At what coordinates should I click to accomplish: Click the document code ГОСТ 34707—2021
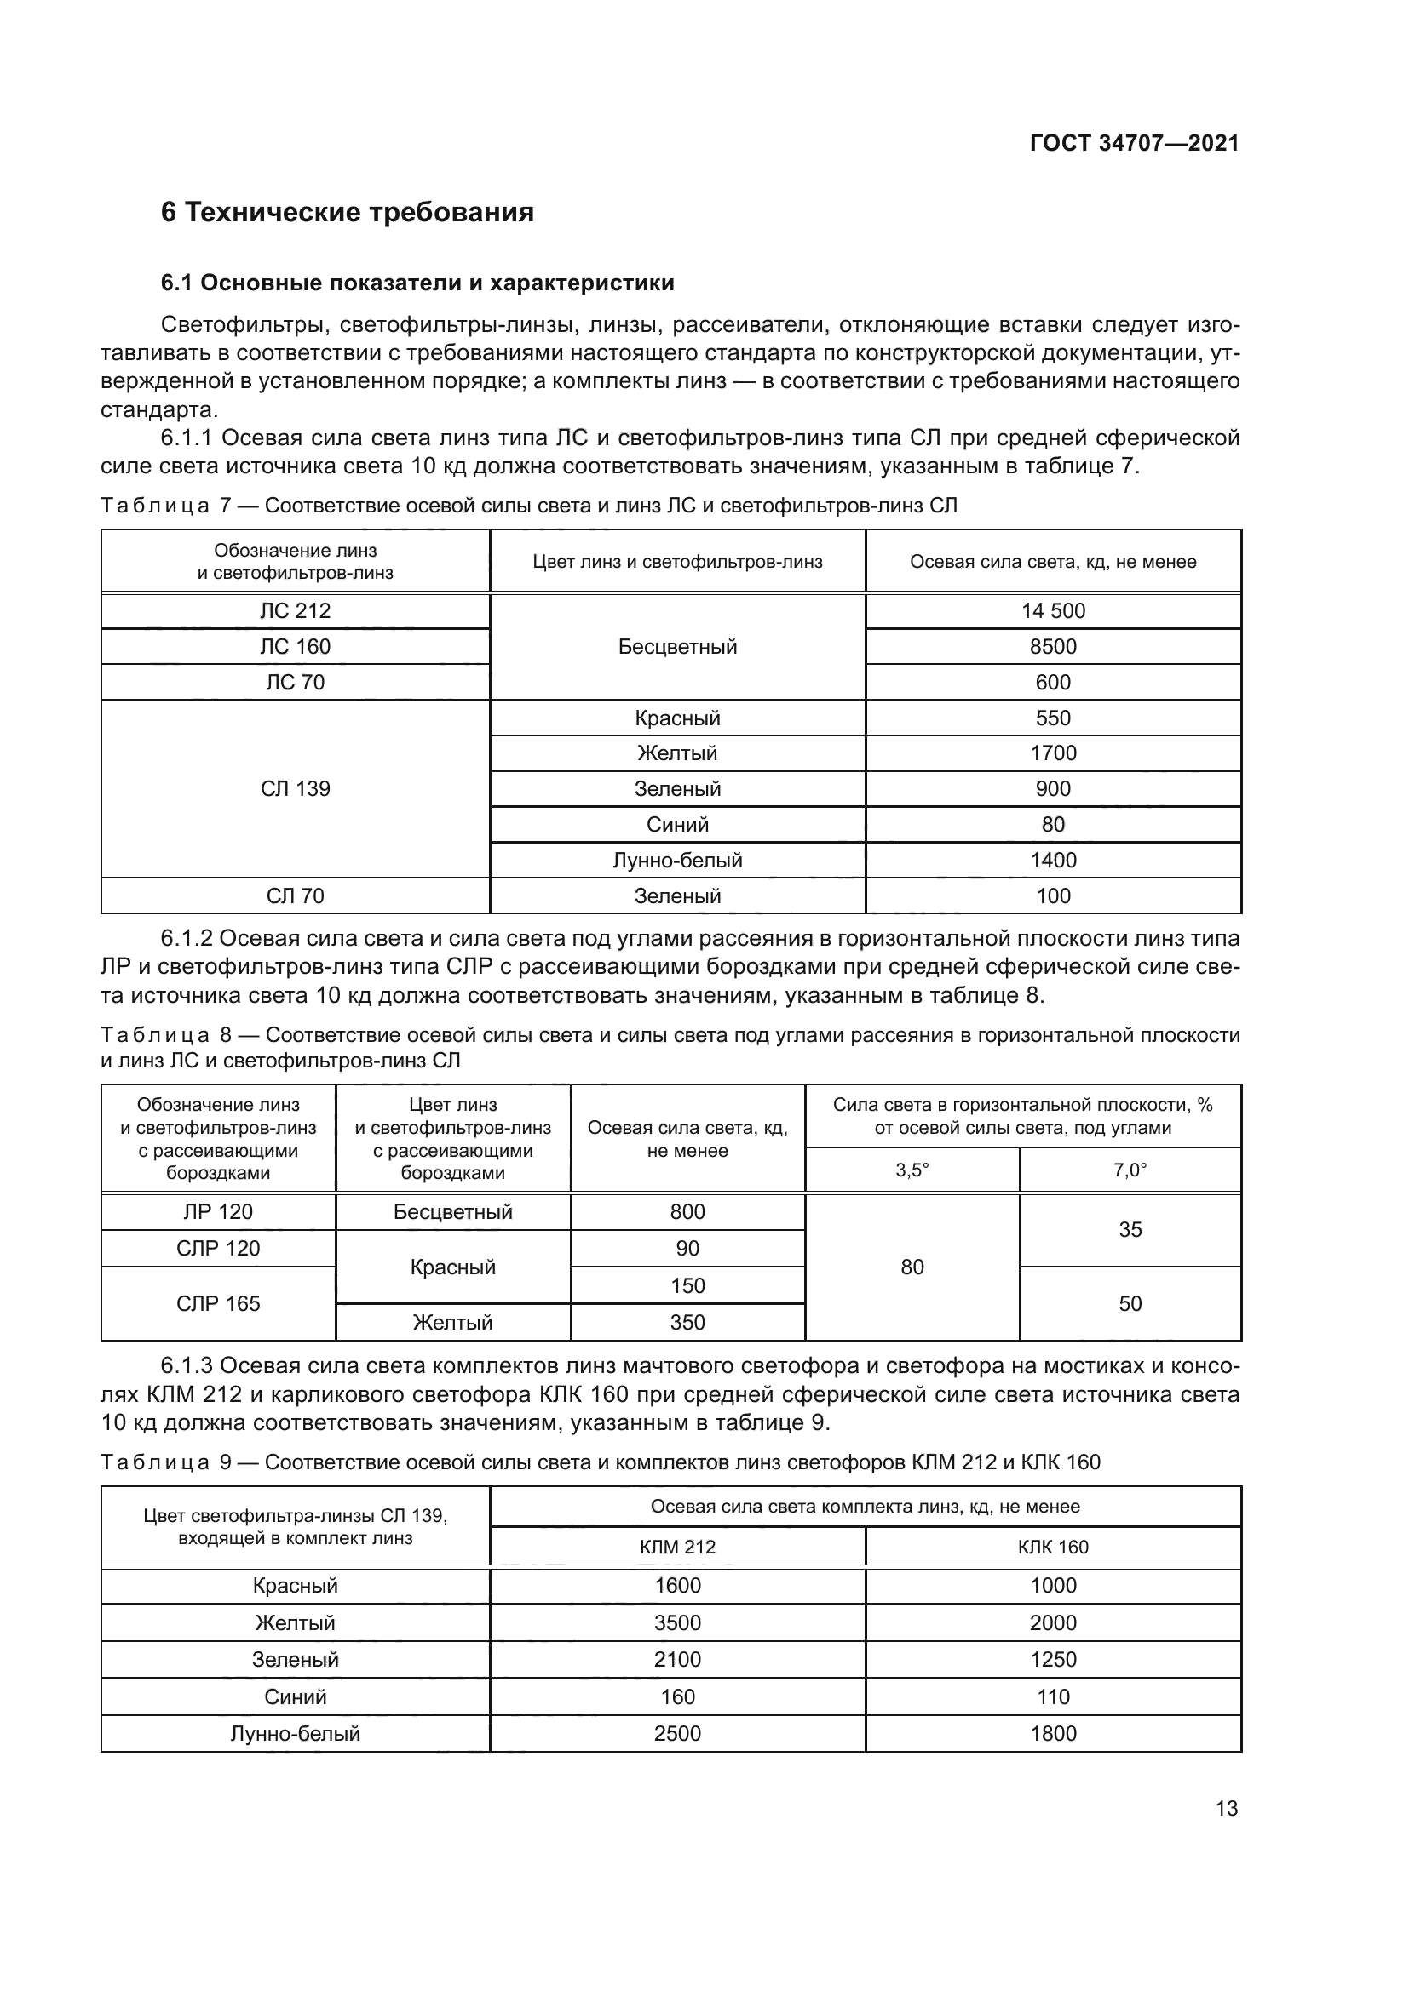click(x=1134, y=143)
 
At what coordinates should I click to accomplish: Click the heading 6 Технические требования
click(x=347, y=213)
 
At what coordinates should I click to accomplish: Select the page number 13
click(x=1226, y=1808)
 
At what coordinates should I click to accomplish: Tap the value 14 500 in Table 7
click(x=1052, y=610)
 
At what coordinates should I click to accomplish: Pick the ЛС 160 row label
click(x=295, y=646)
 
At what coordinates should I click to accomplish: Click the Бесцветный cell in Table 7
click(x=676, y=646)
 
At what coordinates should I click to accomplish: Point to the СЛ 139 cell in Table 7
click(x=295, y=788)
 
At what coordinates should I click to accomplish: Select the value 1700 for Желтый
click(x=1052, y=752)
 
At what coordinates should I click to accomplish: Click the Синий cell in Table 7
click(x=676, y=824)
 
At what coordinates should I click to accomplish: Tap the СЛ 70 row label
click(x=295, y=895)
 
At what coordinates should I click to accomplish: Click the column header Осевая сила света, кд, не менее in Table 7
click(x=1052, y=562)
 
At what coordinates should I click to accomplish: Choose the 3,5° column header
click(x=912, y=1170)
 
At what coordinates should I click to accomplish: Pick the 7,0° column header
click(x=1130, y=1170)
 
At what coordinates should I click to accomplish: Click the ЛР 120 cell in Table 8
click(x=218, y=1211)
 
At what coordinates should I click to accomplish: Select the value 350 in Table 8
click(x=687, y=1323)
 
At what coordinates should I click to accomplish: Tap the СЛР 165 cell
click(x=218, y=1303)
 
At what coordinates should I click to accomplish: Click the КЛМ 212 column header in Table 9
click(x=676, y=1547)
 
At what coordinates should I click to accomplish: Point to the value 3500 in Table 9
click(x=676, y=1622)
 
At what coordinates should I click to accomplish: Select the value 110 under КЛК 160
click(x=1052, y=1697)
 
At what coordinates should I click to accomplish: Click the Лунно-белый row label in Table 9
click(x=295, y=1733)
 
